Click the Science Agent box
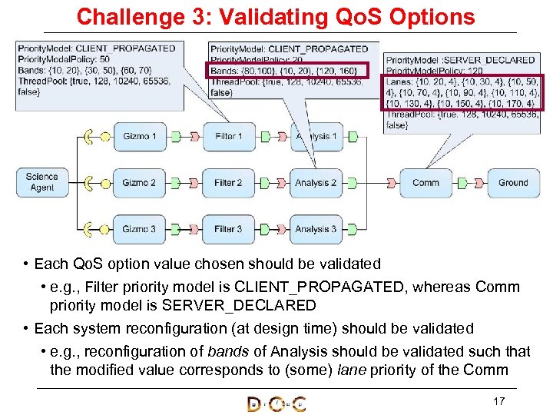[42, 183]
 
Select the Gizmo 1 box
[139, 137]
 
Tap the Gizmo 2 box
[139, 183]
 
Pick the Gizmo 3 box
[139, 228]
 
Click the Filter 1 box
[228, 137]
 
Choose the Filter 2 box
[228, 183]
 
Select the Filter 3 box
[228, 228]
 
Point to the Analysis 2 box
[316, 183]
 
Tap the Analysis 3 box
[316, 228]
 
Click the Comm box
[426, 183]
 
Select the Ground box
[513, 183]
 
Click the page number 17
[498, 401]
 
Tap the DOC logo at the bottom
[276, 403]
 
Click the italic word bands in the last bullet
[227, 351]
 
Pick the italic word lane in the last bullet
[355, 370]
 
